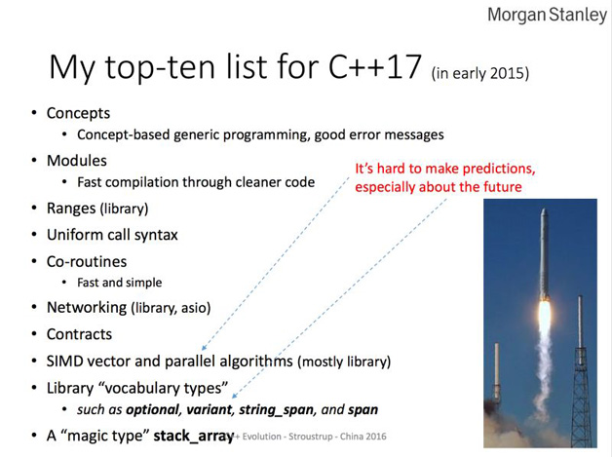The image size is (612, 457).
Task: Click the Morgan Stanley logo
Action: (548, 15)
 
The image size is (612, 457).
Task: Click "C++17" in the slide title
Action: (375, 66)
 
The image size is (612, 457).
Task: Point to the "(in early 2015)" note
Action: (480, 73)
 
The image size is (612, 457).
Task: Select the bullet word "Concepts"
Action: (79, 113)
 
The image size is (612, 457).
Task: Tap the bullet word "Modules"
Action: (77, 161)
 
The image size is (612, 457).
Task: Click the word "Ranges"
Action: (71, 209)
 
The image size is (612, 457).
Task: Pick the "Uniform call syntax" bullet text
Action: (112, 235)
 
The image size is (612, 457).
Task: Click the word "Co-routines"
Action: (87, 261)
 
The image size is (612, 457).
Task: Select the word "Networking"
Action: (87, 308)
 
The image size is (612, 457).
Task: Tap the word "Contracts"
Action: (79, 334)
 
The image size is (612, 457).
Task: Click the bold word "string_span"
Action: (277, 410)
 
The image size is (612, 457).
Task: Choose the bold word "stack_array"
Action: (193, 436)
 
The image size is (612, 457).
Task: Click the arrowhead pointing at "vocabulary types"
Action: (234, 396)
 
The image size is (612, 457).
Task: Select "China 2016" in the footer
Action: (363, 437)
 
